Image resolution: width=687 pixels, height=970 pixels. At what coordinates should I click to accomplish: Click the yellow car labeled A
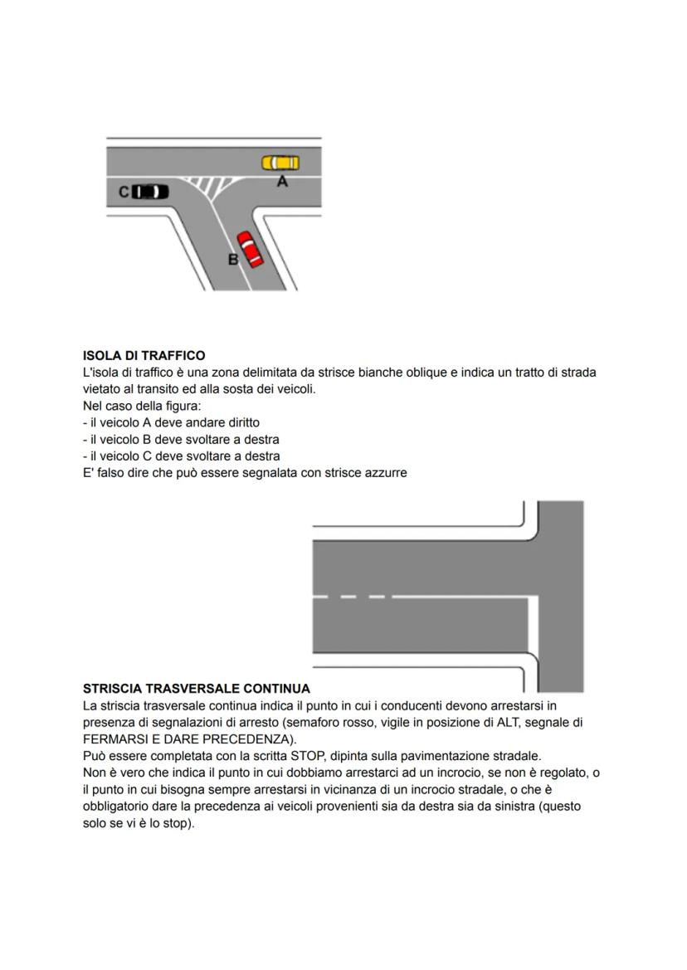pyautogui.click(x=280, y=163)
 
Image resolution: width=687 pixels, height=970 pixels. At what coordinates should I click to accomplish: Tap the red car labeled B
pyautogui.click(x=249, y=249)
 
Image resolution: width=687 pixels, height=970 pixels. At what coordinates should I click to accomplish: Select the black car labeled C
pyautogui.click(x=150, y=192)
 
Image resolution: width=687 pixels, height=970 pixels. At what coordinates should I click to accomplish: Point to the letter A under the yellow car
pyautogui.click(x=282, y=181)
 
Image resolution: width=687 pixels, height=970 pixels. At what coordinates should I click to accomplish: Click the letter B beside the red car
pyautogui.click(x=233, y=260)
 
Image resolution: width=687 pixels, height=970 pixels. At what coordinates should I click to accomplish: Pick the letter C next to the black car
pyautogui.click(x=124, y=193)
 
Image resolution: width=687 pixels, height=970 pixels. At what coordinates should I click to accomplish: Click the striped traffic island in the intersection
pyautogui.click(x=211, y=185)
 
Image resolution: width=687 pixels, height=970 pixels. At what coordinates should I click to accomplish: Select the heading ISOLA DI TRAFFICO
pyautogui.click(x=144, y=356)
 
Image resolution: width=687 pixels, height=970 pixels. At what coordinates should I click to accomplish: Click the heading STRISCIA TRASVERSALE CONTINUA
pyautogui.click(x=197, y=689)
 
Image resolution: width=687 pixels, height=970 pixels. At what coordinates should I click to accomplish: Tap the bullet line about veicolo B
pyautogui.click(x=181, y=439)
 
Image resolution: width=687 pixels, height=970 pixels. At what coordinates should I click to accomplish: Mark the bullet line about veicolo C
pyautogui.click(x=182, y=456)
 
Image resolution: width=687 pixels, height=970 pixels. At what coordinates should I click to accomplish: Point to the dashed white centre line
pyautogui.click(x=348, y=597)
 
